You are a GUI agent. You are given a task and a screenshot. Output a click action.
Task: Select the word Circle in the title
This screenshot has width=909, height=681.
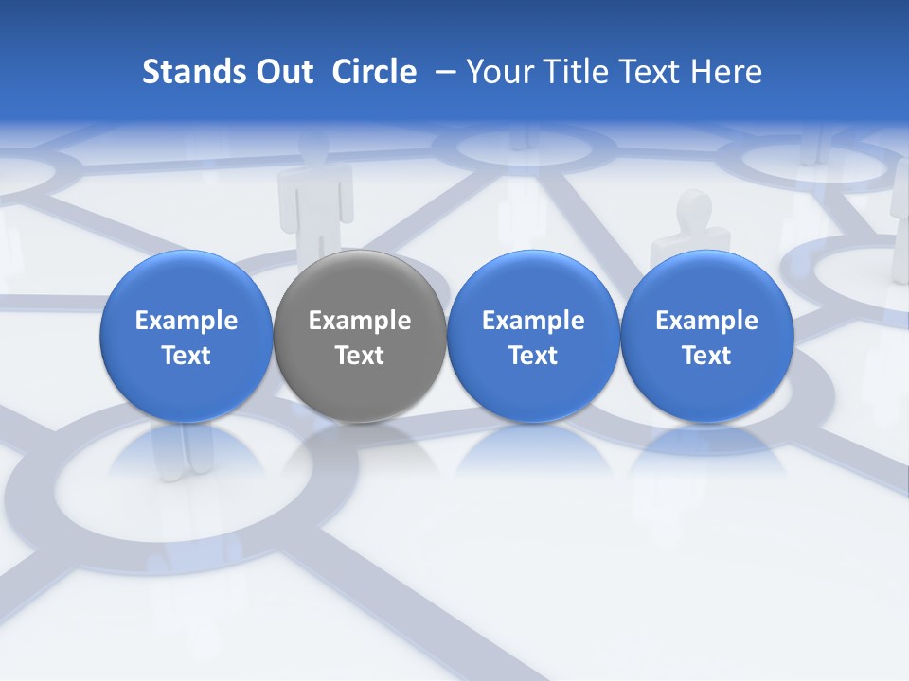pos(374,72)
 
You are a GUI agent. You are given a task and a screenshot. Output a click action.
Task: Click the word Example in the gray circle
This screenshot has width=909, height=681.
pos(360,321)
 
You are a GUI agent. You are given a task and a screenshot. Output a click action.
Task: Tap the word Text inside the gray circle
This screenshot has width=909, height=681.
pos(360,356)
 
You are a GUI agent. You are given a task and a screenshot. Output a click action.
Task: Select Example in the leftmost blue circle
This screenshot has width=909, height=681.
pos(187,321)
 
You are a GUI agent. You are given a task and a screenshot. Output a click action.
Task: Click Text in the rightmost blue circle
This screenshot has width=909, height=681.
pos(706,356)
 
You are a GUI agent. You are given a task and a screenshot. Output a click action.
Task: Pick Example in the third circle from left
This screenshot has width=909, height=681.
pos(533,321)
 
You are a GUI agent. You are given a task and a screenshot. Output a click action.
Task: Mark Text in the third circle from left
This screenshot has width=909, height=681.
pos(533,356)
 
